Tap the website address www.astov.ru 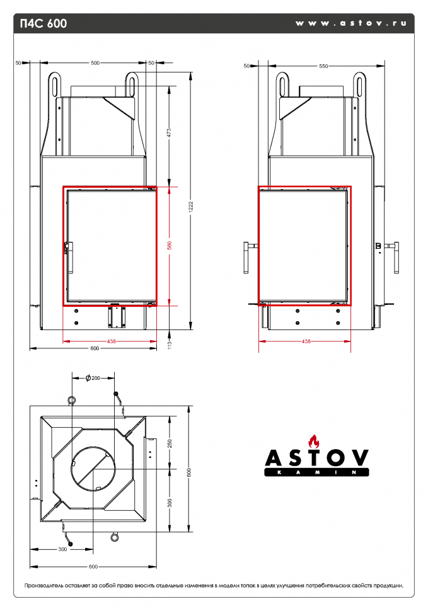coord(350,23)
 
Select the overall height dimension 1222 coord(191,205)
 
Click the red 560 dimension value coord(169,246)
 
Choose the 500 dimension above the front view coord(95,63)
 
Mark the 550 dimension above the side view coord(323,66)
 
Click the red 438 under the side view coord(306,341)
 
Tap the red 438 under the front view coord(111,341)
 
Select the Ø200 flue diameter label coord(94,378)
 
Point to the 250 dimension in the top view coord(169,443)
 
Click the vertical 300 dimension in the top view coord(169,501)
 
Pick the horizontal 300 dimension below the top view coord(62,550)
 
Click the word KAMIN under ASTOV coord(316,472)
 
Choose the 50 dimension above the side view coord(246,66)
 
